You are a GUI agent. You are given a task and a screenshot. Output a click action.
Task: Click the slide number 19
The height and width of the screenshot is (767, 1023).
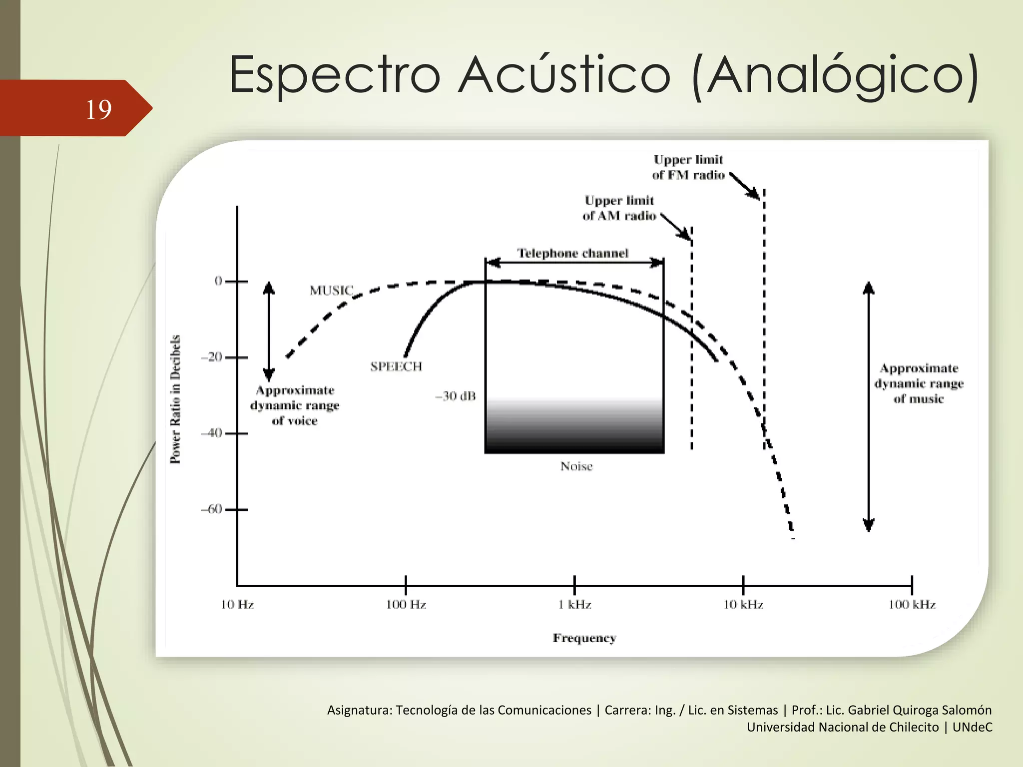[98, 109]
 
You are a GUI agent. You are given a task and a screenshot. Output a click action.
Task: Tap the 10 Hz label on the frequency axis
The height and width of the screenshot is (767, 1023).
[237, 605]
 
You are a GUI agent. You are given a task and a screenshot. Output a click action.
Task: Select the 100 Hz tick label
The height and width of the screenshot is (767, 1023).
[406, 605]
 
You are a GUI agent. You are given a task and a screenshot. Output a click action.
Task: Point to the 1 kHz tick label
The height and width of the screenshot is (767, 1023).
[574, 605]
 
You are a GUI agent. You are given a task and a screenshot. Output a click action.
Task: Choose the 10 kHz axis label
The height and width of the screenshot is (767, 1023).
[743, 605]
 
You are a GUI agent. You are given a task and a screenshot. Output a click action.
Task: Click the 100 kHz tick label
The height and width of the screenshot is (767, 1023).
[912, 605]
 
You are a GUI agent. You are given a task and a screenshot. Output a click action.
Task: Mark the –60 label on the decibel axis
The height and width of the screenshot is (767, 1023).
[211, 509]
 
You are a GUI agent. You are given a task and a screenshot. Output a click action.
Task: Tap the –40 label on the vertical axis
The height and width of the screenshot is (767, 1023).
[211, 432]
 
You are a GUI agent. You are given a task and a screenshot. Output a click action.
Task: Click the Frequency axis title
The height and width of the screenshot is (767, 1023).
[584, 638]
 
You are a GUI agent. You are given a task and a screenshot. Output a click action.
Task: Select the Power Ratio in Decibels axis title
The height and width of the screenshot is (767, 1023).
[175, 399]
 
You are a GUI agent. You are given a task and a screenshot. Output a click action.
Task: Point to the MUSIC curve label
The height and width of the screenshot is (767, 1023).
[331, 290]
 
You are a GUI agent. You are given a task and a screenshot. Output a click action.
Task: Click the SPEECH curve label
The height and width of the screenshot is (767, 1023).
[396, 367]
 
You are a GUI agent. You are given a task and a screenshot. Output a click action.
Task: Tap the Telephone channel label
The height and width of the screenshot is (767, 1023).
[572, 253]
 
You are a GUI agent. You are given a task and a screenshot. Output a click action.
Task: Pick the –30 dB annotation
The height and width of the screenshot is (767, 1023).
[456, 396]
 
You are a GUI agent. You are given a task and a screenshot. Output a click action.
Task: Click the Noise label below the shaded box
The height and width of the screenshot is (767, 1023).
[576, 466]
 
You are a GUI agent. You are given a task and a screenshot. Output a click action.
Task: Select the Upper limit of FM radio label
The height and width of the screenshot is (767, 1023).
[688, 167]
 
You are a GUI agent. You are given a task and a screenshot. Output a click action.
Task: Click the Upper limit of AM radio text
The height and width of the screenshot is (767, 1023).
[619, 208]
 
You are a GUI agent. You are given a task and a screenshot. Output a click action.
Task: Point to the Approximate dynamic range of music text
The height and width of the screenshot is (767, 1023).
[919, 383]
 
